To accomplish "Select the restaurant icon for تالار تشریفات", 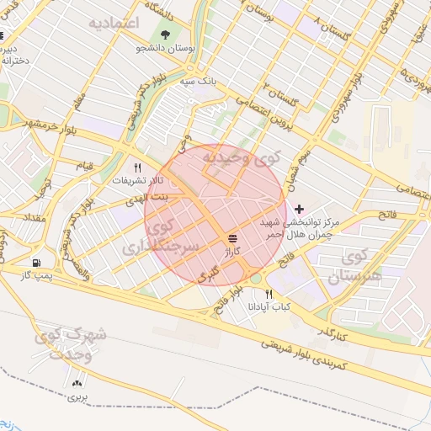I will [137, 167].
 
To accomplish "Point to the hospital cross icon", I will [299, 207].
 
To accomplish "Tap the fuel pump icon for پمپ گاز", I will [35, 263].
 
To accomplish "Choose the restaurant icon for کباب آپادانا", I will [269, 294].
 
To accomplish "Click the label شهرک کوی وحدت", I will [71, 343].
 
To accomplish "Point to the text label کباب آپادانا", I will [269, 307].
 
